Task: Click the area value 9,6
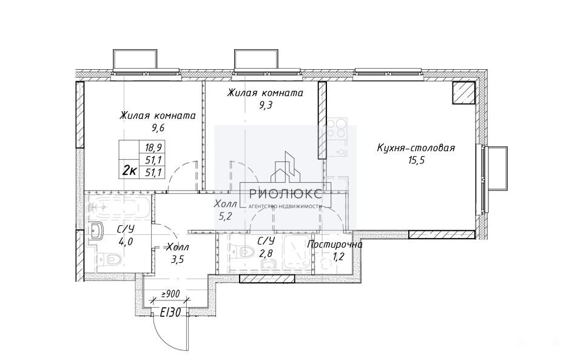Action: point(157,127)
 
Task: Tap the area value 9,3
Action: point(266,105)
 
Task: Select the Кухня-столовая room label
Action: point(416,148)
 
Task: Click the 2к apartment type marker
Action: point(129,170)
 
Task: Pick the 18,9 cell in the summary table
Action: point(153,148)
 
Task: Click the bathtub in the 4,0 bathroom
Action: point(118,208)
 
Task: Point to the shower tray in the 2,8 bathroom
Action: point(297,253)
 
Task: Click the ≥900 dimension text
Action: point(170,293)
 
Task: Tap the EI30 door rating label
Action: point(170,313)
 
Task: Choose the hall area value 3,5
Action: point(177,260)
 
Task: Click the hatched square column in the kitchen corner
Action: point(463,93)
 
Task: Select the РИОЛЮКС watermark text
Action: point(285,194)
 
